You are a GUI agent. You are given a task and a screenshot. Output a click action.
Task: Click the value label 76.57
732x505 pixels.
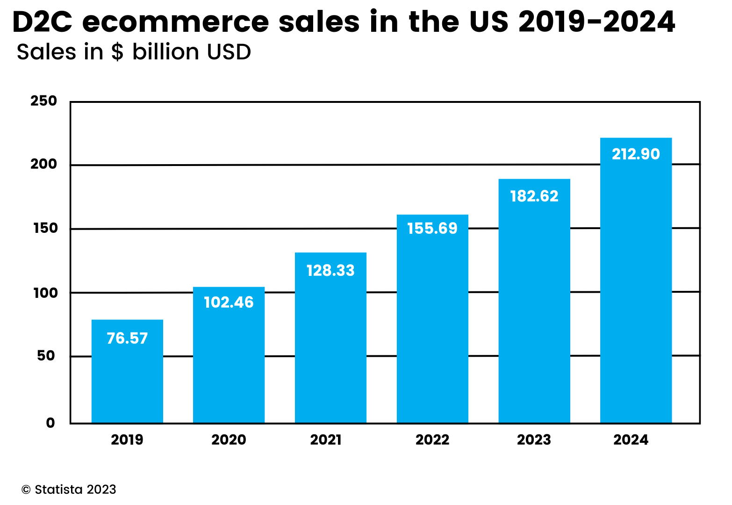click(127, 338)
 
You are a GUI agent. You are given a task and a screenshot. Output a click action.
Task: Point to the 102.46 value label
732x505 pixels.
click(229, 302)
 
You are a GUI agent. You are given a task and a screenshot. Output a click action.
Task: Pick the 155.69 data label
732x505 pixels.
click(432, 228)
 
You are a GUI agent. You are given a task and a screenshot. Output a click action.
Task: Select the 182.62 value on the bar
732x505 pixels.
click(534, 196)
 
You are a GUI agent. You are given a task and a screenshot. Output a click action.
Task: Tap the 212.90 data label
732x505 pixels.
click(636, 154)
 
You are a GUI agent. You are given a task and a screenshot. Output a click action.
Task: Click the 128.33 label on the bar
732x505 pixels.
click(330, 270)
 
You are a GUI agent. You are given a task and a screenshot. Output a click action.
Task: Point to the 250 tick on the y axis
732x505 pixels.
click(43, 101)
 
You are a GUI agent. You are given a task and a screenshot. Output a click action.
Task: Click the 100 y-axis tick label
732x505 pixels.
click(45, 293)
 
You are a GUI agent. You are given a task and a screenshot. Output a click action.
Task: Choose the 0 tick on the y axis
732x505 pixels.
click(50, 423)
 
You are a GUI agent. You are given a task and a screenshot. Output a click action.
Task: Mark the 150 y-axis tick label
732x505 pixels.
click(45, 229)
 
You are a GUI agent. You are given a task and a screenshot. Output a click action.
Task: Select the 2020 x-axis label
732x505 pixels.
click(229, 440)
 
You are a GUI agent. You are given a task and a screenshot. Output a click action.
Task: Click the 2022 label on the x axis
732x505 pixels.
click(432, 440)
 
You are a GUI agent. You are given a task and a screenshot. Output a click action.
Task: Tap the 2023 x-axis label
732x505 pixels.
click(534, 440)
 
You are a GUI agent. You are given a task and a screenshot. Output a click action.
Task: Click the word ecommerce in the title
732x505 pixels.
click(175, 22)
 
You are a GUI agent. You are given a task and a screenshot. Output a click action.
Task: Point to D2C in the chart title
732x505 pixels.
click(42, 22)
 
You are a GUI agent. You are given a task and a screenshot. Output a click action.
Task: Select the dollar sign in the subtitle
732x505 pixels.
click(117, 52)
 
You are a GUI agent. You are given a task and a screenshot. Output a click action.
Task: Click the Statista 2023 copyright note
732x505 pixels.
click(69, 490)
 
